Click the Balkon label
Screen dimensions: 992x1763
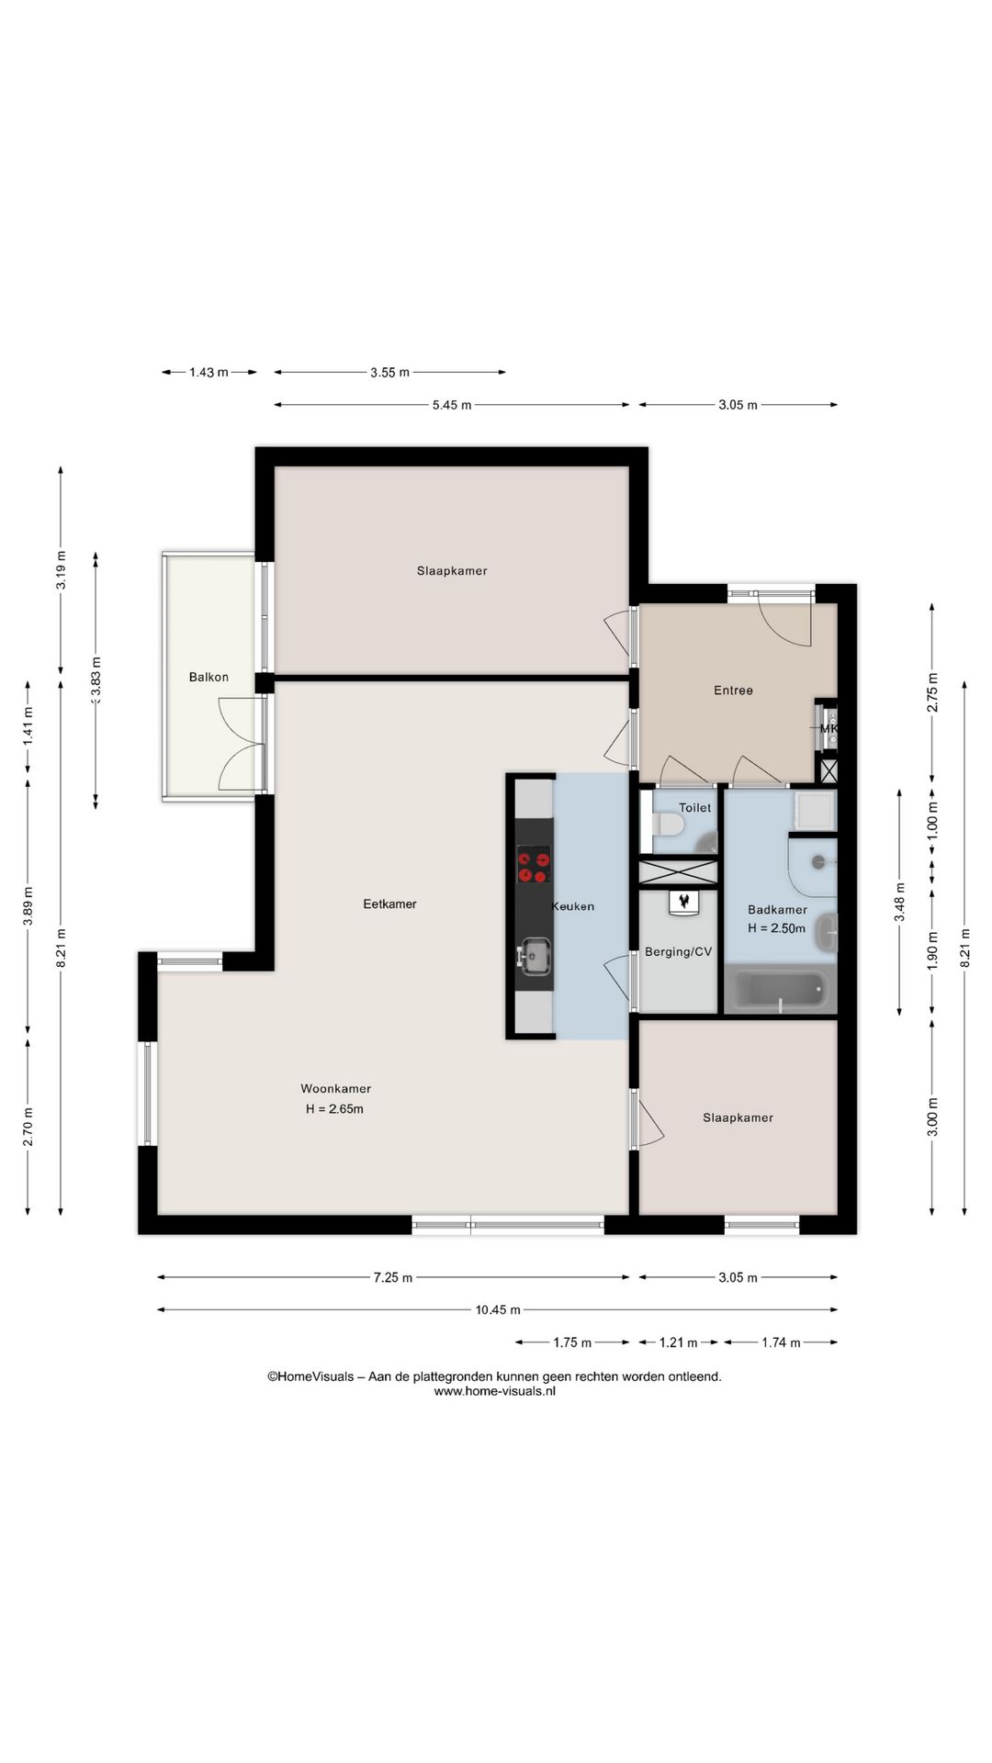pos(209,677)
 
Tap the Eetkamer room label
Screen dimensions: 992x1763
pos(389,904)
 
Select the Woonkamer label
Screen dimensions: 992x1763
pos(336,1088)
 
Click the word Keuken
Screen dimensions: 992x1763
pos(572,906)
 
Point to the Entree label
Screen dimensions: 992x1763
pos(733,691)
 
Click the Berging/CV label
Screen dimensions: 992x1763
pos(678,951)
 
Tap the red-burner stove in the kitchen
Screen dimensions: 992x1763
pos(534,866)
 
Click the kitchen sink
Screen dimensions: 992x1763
pos(534,956)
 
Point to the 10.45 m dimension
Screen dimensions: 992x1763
pos(498,1310)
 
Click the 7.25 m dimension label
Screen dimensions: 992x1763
pos(393,1277)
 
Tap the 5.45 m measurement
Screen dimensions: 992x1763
pos(452,405)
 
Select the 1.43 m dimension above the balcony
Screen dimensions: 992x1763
pos(209,372)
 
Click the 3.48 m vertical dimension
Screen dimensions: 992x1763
pos(900,902)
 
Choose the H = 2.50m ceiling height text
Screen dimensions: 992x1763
pos(776,928)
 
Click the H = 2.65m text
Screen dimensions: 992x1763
pos(334,1108)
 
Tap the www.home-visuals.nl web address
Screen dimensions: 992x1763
pos(494,1391)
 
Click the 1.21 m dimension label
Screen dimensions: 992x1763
pos(678,1342)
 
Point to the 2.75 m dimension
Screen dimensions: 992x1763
pos(932,692)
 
